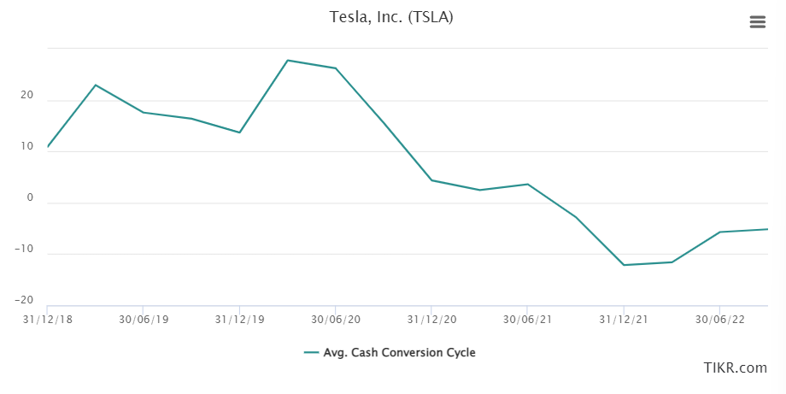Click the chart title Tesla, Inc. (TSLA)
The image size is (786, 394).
pos(391,17)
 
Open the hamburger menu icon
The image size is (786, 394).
pos(758,22)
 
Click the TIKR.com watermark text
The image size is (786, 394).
pos(735,368)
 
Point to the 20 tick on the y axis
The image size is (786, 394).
pos(27,96)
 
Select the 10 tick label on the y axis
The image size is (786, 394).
pos(27,146)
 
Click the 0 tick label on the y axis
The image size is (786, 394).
pos(30,197)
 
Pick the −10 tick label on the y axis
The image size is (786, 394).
pos(24,249)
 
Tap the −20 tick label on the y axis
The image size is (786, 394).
pos(24,300)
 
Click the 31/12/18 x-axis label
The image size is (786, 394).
pos(49,320)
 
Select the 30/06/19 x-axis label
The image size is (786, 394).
pos(144,320)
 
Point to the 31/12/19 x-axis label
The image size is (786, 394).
pos(239,320)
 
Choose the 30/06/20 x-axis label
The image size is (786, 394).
pos(336,320)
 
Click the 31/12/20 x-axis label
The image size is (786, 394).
pos(431,320)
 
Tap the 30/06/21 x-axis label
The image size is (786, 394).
pos(527,320)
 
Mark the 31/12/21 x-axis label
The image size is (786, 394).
pos(624,320)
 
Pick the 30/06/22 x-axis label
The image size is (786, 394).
pos(719,320)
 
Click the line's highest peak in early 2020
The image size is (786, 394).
pos(287,60)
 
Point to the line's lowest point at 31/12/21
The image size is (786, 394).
pos(624,265)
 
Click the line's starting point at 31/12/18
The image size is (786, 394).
pos(48,147)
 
